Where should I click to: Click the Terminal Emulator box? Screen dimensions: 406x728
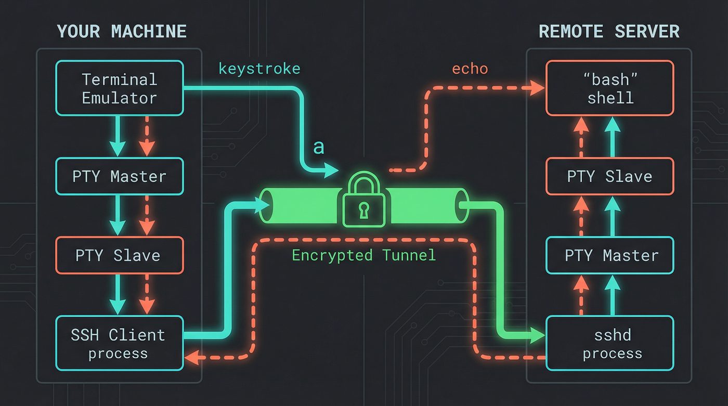pos(119,88)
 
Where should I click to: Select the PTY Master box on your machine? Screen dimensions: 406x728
pos(119,176)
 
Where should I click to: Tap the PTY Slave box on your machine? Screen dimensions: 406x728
pos(119,255)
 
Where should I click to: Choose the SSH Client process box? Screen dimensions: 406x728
pos(119,344)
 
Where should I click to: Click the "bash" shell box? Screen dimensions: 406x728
pos(610,88)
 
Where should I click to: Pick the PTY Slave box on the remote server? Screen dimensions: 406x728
pos(610,176)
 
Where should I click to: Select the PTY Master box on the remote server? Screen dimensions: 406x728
pos(610,255)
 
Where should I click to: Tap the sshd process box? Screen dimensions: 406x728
pos(610,344)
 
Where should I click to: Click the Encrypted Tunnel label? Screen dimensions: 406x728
pos(364,255)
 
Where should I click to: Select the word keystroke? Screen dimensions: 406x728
pos(259,69)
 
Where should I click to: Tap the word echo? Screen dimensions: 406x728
pos(470,69)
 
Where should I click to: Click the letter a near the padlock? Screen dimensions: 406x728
pos(318,148)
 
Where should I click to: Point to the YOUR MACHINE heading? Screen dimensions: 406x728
pos(122,32)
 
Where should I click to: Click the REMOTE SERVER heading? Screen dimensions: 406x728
pos(609,32)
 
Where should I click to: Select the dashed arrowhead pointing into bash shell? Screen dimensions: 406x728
pos(539,88)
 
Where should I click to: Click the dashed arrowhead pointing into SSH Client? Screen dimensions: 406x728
pos(191,358)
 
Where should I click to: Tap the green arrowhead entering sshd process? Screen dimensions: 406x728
pos(538,335)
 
